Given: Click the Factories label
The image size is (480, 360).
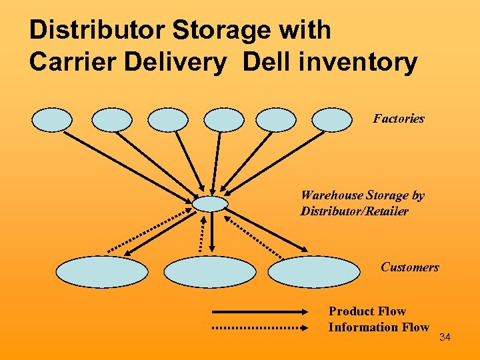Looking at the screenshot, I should pyautogui.click(x=399, y=119).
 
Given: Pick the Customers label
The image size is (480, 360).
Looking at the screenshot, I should pyautogui.click(x=410, y=267).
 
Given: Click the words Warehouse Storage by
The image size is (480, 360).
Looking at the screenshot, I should pyautogui.click(x=363, y=195).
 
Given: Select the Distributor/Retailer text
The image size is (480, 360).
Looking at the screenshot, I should pyautogui.click(x=355, y=211).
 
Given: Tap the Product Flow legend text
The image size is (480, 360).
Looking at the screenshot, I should pyautogui.click(x=367, y=311).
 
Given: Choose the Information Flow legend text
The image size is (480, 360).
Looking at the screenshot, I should pyautogui.click(x=379, y=327).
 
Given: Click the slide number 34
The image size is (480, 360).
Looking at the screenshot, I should pyautogui.click(x=445, y=338).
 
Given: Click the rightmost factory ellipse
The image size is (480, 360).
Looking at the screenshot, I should pyautogui.click(x=332, y=120).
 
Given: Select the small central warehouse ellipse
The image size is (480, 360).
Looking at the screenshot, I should pyautogui.click(x=210, y=203).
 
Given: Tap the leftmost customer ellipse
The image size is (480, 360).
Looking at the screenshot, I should pyautogui.click(x=101, y=272).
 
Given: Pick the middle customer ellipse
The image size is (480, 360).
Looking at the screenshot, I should pyautogui.click(x=210, y=272).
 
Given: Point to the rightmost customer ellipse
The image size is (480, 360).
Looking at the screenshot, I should pyautogui.click(x=313, y=272).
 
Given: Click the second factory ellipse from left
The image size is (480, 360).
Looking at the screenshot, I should pyautogui.click(x=112, y=120).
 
